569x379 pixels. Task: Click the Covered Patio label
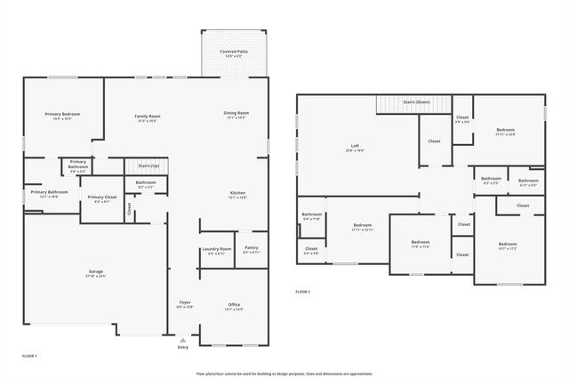click(x=235, y=51)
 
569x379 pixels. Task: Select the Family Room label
click(x=148, y=117)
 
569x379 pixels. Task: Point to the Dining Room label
click(x=236, y=113)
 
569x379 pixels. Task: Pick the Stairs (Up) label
click(x=148, y=165)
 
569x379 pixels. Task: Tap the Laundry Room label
click(x=216, y=249)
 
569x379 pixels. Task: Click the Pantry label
click(x=251, y=248)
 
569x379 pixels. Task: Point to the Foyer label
click(x=185, y=303)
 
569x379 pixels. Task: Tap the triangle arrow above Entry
click(x=183, y=340)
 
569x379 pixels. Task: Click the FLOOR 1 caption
click(x=28, y=356)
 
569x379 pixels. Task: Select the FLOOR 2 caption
click(x=303, y=291)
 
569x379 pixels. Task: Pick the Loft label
click(x=355, y=146)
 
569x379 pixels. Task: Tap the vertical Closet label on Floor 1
click(x=129, y=209)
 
